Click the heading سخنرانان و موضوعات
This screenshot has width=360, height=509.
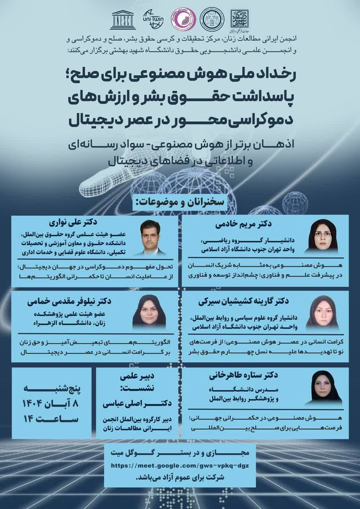tap(180, 202)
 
